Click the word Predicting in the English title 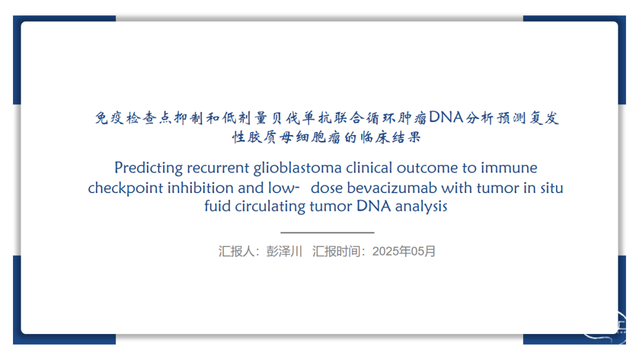click(149, 168)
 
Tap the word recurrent click(218, 168)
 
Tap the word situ click(552, 188)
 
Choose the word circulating click(270, 206)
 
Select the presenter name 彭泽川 click(284, 251)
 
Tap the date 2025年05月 click(404, 251)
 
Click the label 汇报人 click(236, 251)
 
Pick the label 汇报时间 click(336, 251)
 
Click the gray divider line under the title click(327, 233)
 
